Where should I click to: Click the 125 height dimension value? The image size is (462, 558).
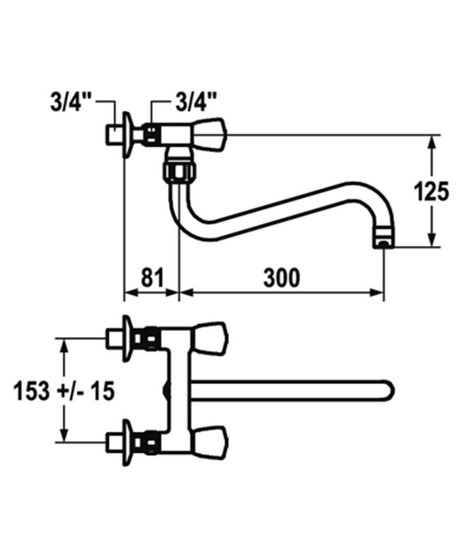432,192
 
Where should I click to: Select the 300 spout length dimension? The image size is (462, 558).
281,278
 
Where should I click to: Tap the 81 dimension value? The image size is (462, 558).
152,278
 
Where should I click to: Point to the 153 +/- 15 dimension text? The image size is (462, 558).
64,391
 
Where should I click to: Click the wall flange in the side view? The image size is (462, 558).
127,134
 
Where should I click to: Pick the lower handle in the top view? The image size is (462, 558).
209,442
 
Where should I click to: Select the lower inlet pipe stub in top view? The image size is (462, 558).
114,442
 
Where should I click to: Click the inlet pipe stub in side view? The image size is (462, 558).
114,134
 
